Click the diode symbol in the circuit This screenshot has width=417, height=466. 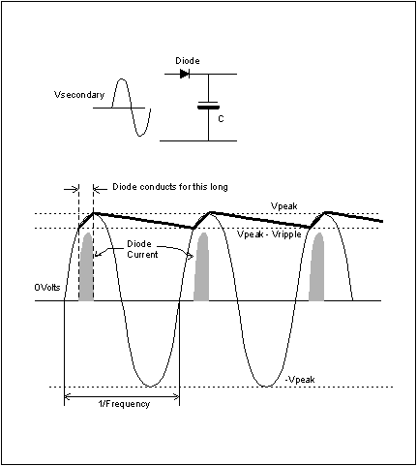click(185, 74)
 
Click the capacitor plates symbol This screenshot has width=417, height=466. click(208, 106)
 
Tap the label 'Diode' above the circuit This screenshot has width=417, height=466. click(188, 61)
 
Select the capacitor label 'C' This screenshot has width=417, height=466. click(221, 119)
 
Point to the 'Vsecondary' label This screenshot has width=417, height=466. click(79, 95)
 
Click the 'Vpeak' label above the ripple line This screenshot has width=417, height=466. click(284, 206)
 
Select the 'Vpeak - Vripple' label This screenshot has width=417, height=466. click(269, 234)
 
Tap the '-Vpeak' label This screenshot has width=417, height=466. click(300, 380)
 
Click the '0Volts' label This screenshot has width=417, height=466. click(47, 287)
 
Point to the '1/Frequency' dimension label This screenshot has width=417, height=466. click(124, 404)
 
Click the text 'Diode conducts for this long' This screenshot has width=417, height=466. click(170, 187)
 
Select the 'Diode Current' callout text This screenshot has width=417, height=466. click(142, 249)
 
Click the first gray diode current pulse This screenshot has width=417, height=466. click(86, 268)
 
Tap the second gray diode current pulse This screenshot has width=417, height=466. click(201, 268)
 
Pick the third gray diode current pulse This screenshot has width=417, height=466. click(316, 268)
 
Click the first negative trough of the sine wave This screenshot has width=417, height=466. click(150, 386)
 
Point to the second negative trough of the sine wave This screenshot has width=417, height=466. click(266, 386)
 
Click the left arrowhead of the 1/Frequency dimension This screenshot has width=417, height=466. click(67, 395)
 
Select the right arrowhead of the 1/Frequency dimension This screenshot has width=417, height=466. click(177, 395)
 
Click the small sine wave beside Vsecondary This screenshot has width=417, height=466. click(131, 108)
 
